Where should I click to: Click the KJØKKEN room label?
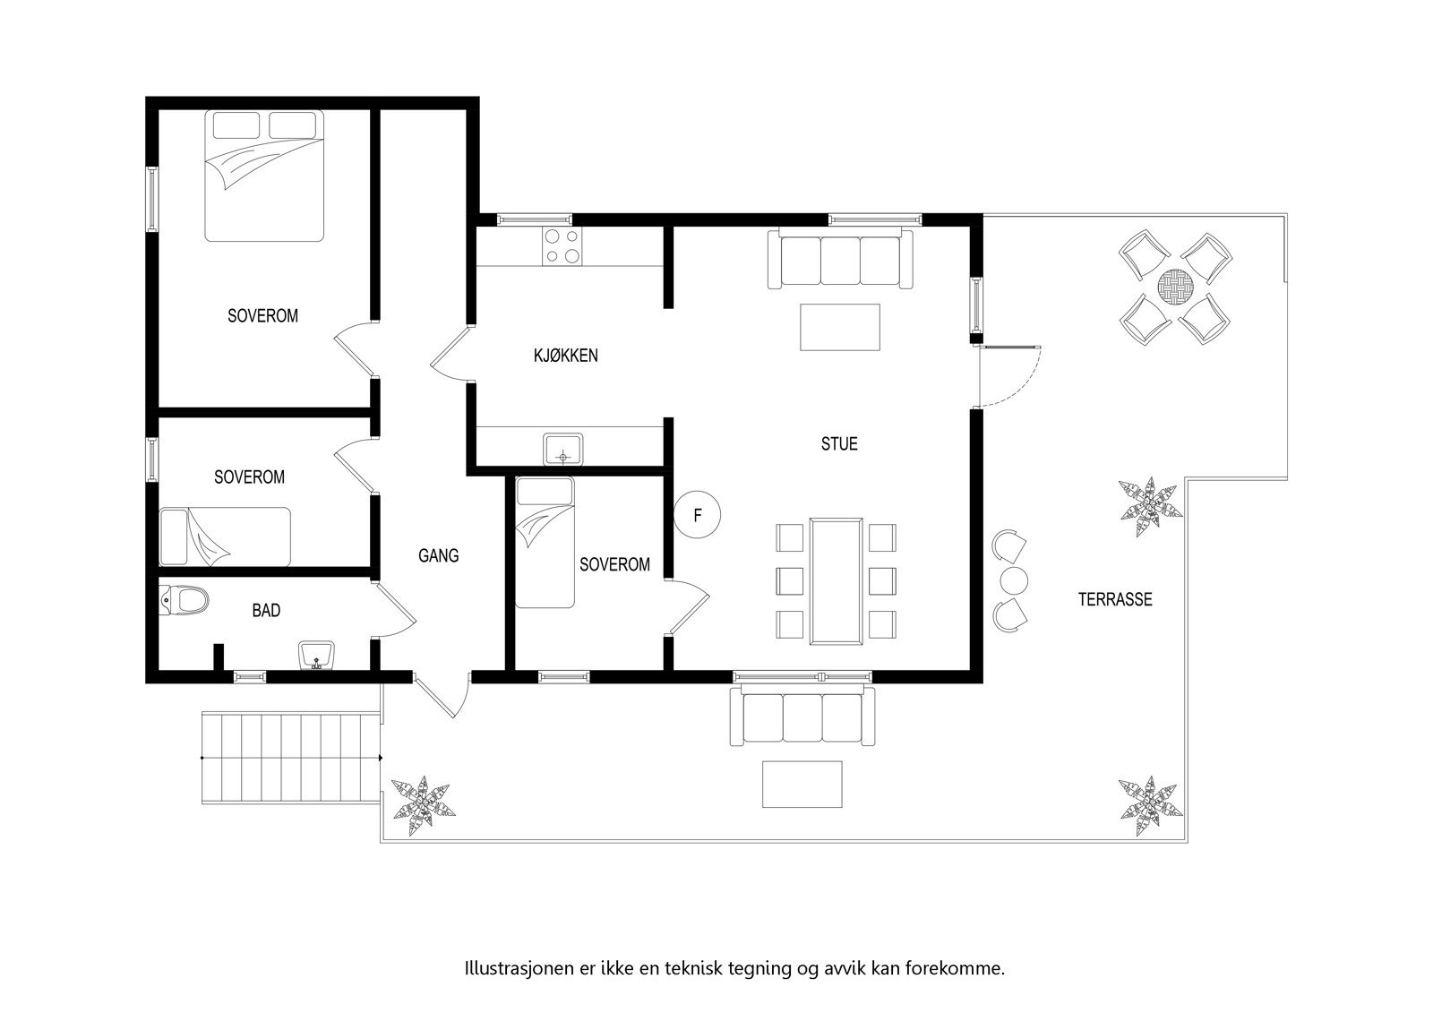[x=565, y=356]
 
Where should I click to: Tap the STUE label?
[x=839, y=443]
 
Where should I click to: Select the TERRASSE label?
[x=1114, y=600]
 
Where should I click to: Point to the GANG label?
[x=439, y=555]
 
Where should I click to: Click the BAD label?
[x=266, y=611]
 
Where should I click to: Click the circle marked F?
[x=698, y=516]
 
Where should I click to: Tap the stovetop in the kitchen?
[x=562, y=246]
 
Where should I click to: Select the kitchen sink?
[x=563, y=449]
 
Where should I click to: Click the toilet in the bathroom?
[x=184, y=600]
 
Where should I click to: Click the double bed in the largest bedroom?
[x=263, y=176]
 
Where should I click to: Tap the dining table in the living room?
[x=837, y=579]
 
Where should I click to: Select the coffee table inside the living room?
[x=840, y=328]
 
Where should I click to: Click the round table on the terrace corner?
[x=1175, y=288]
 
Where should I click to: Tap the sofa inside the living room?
[x=840, y=258]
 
